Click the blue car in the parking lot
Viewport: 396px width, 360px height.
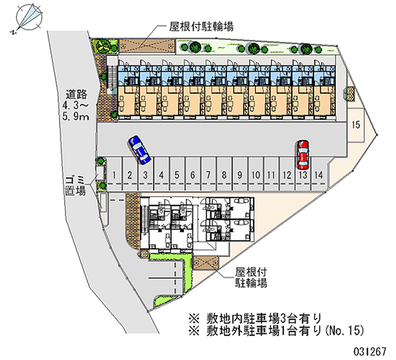coord(140,150)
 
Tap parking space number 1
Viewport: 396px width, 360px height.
coord(114,174)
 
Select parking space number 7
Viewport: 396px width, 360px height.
coord(208,174)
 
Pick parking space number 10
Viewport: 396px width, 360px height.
coord(255,174)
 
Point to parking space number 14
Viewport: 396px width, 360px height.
coord(319,174)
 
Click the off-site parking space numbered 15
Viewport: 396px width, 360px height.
coord(355,125)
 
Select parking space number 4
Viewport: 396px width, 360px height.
coord(161,174)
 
